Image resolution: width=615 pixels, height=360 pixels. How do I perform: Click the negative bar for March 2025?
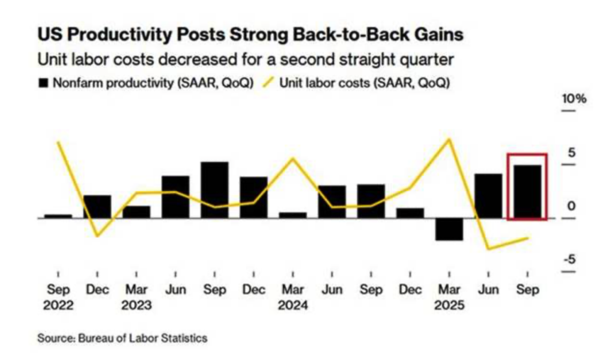pyautogui.click(x=449, y=229)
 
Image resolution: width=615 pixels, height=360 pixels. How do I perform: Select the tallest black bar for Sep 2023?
pyautogui.click(x=214, y=189)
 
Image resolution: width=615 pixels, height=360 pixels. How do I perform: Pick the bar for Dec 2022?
pyautogui.click(x=97, y=206)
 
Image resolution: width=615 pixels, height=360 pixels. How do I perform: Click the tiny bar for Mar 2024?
pyautogui.click(x=292, y=215)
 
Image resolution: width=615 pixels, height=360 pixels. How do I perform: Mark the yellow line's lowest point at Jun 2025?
pyautogui.click(x=488, y=248)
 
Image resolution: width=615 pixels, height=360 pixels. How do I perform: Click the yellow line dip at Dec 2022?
pyautogui.click(x=97, y=236)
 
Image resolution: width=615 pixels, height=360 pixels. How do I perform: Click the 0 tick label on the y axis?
pyautogui.click(x=572, y=206)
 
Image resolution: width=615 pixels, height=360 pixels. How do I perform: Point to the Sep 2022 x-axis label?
pyautogui.click(x=58, y=297)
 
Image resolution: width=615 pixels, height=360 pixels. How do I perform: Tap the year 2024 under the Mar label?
pyautogui.click(x=292, y=306)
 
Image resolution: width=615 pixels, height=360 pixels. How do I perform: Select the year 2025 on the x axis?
pyautogui.click(x=449, y=306)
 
